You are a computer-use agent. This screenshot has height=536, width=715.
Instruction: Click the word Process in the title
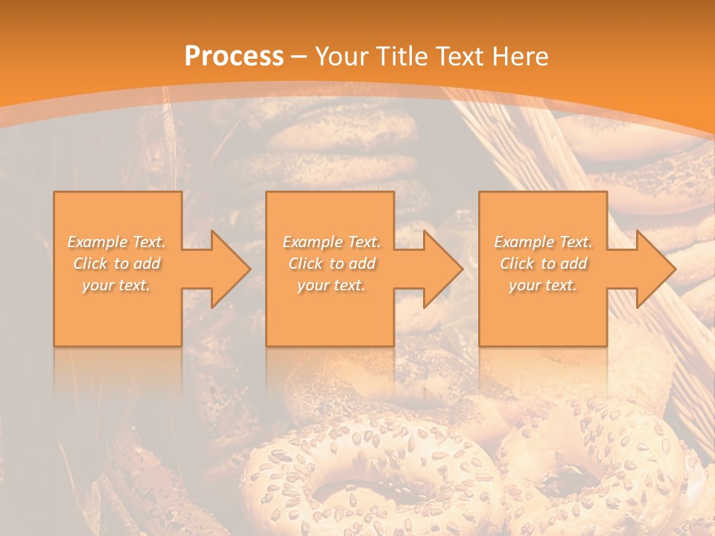[x=234, y=56]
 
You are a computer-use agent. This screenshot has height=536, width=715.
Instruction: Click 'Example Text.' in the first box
[x=117, y=242]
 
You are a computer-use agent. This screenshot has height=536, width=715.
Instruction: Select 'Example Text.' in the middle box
[x=331, y=242]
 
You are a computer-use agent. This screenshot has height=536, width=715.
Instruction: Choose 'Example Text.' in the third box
[x=543, y=242]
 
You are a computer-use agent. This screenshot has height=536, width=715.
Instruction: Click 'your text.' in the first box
[x=117, y=285]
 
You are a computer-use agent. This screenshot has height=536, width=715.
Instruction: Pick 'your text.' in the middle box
[x=331, y=285]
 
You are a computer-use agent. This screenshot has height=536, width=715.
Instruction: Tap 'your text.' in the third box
[x=543, y=285]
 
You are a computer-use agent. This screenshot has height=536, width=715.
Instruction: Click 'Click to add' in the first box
[x=117, y=264]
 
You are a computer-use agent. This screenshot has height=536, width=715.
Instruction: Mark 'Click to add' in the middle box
[x=331, y=264]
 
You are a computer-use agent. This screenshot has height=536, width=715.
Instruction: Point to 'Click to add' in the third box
[x=543, y=264]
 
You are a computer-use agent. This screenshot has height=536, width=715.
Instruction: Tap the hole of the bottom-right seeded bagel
[x=588, y=476]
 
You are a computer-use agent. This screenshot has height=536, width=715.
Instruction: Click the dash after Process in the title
[x=299, y=57]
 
